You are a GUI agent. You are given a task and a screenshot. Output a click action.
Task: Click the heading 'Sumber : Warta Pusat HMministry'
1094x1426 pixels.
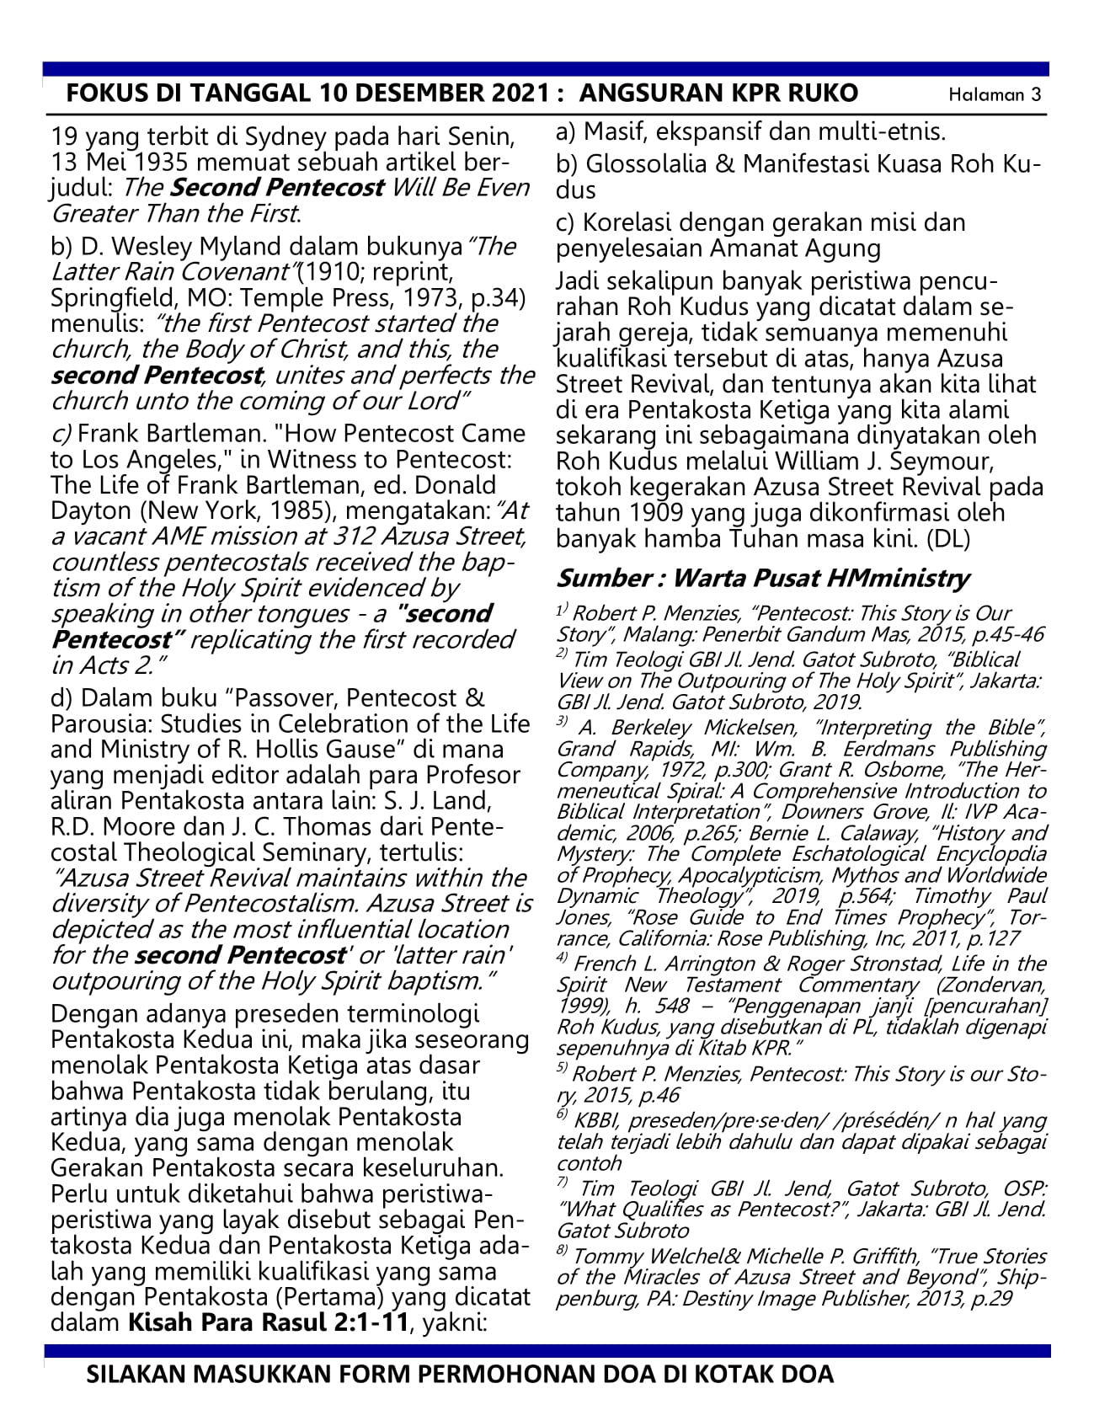point(763,578)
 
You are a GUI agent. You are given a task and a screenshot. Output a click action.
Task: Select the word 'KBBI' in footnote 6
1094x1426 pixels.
point(597,1121)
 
